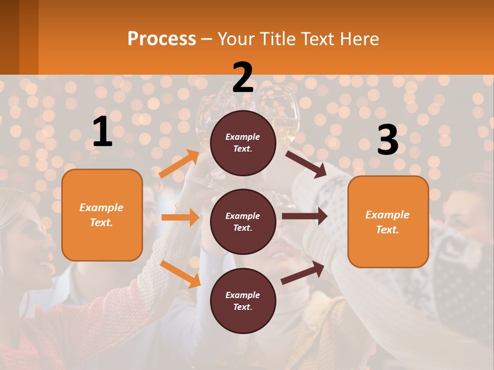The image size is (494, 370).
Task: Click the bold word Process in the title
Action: [x=162, y=39]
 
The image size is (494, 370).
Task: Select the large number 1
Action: [x=102, y=132]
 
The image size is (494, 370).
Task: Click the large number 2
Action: [x=243, y=78]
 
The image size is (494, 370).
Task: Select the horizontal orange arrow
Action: [x=180, y=217]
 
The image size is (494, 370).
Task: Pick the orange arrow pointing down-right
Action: [x=181, y=273]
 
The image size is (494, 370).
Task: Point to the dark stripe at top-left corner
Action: [x=19, y=37]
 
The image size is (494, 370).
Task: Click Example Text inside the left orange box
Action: [x=101, y=215]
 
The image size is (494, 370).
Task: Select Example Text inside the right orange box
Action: [x=387, y=222]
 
